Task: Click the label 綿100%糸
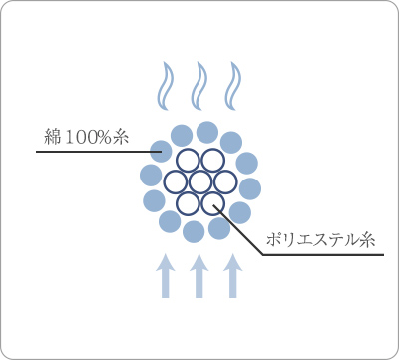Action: point(88,136)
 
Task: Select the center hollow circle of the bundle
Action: point(199,181)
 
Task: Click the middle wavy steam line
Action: point(199,86)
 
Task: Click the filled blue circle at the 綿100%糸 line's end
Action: point(162,153)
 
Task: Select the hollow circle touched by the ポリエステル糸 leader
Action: point(211,203)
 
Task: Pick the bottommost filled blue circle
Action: point(195,232)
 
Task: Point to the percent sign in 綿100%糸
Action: point(108,137)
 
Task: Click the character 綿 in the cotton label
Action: point(54,136)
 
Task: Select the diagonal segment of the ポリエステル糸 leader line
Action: point(239,230)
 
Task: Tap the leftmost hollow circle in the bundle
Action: point(175,181)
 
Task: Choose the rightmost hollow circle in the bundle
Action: point(224,181)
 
